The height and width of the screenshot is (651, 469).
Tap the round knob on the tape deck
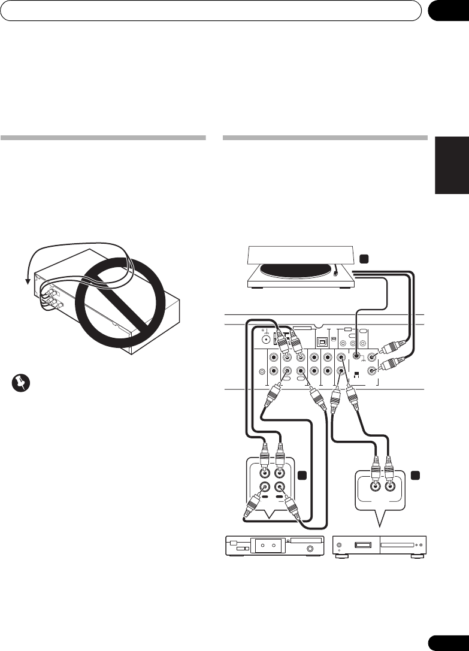coord(311,549)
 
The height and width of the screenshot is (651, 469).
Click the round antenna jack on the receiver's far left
coord(262,352)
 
